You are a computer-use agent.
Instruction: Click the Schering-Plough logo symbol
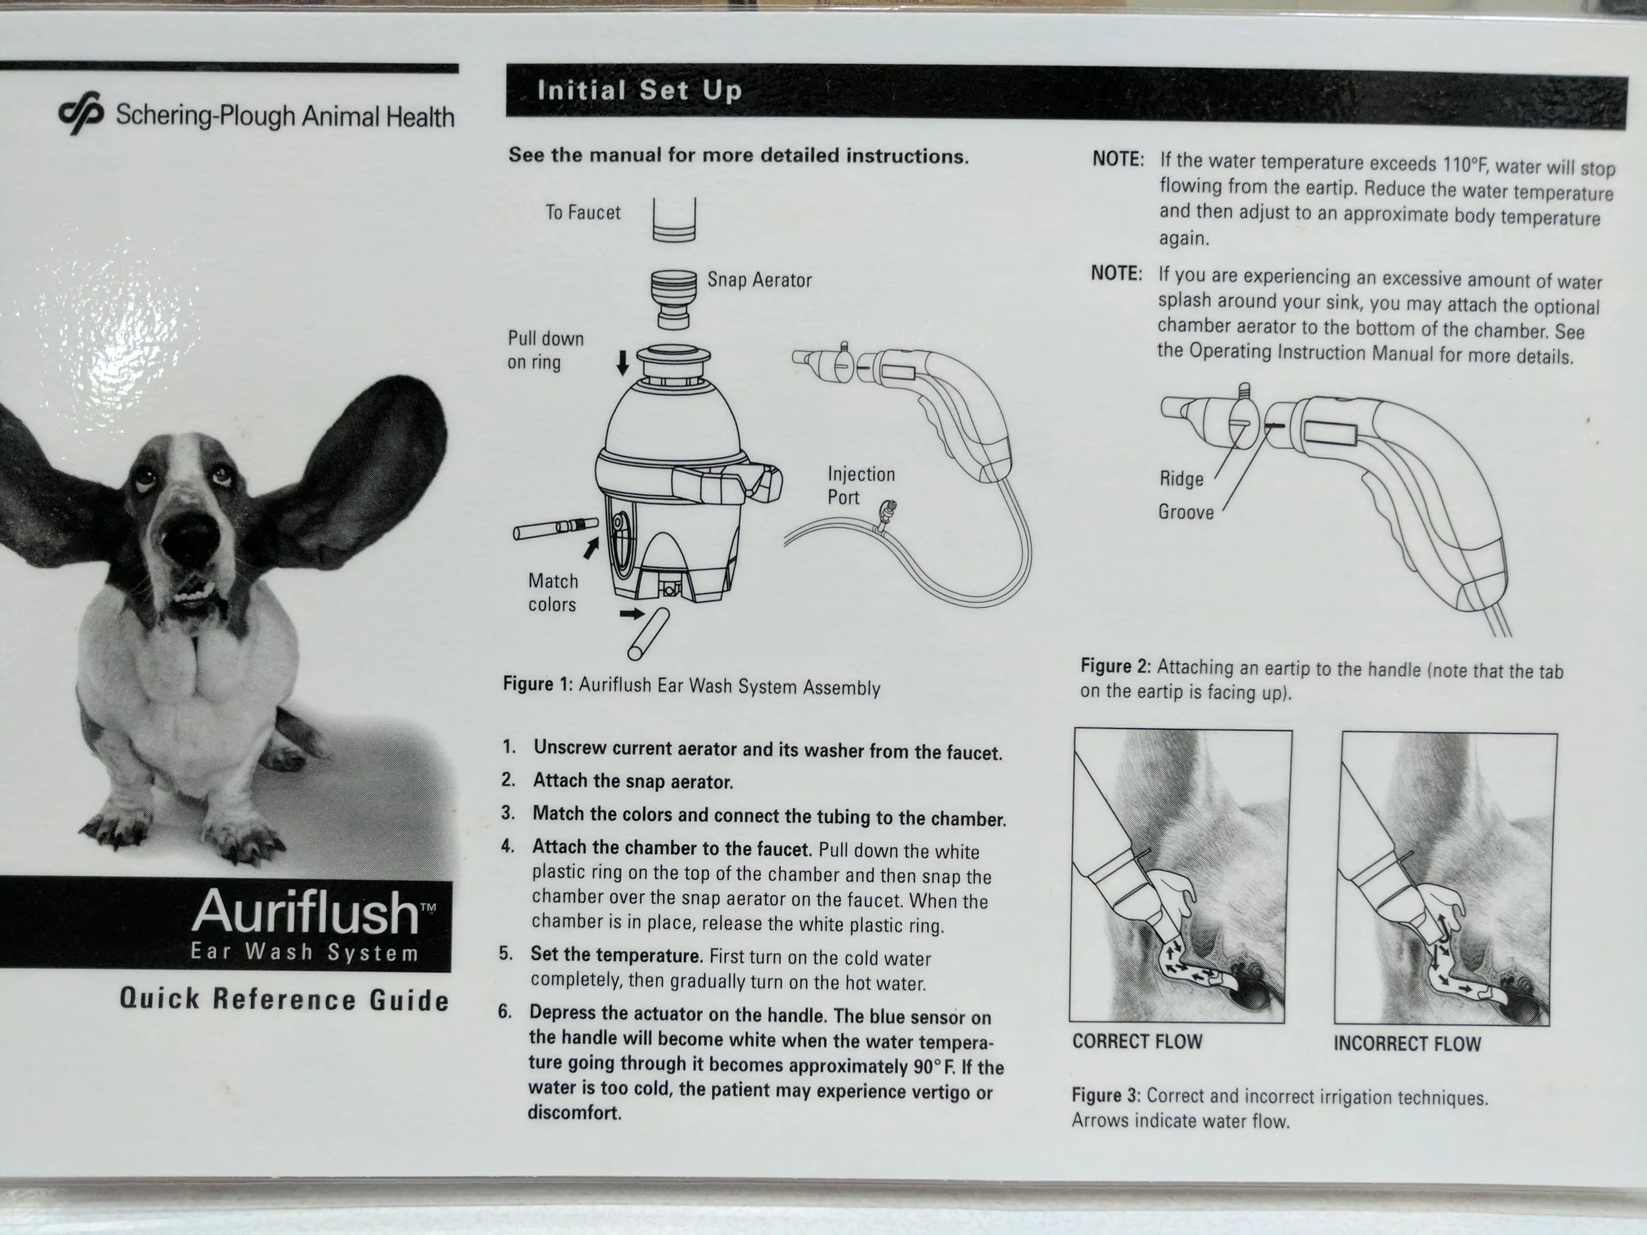tap(80, 113)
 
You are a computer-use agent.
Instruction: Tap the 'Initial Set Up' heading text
tap(640, 91)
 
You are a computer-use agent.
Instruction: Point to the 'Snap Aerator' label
tap(760, 280)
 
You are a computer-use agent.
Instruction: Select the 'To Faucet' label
tap(583, 212)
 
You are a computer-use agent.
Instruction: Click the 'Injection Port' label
tap(861, 485)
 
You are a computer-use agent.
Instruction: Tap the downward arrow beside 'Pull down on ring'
tap(623, 364)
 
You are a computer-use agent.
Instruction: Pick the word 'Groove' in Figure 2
tap(1185, 512)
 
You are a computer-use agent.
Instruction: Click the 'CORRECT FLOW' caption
tap(1137, 1041)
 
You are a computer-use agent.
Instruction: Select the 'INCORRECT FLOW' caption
tap(1407, 1044)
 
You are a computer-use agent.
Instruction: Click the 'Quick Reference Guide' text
tap(285, 1000)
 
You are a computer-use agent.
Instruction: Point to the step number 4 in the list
tap(508, 846)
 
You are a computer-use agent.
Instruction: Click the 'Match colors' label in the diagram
tap(553, 593)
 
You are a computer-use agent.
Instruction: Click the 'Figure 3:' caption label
tap(1105, 1095)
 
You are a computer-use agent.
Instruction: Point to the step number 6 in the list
tap(505, 1012)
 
